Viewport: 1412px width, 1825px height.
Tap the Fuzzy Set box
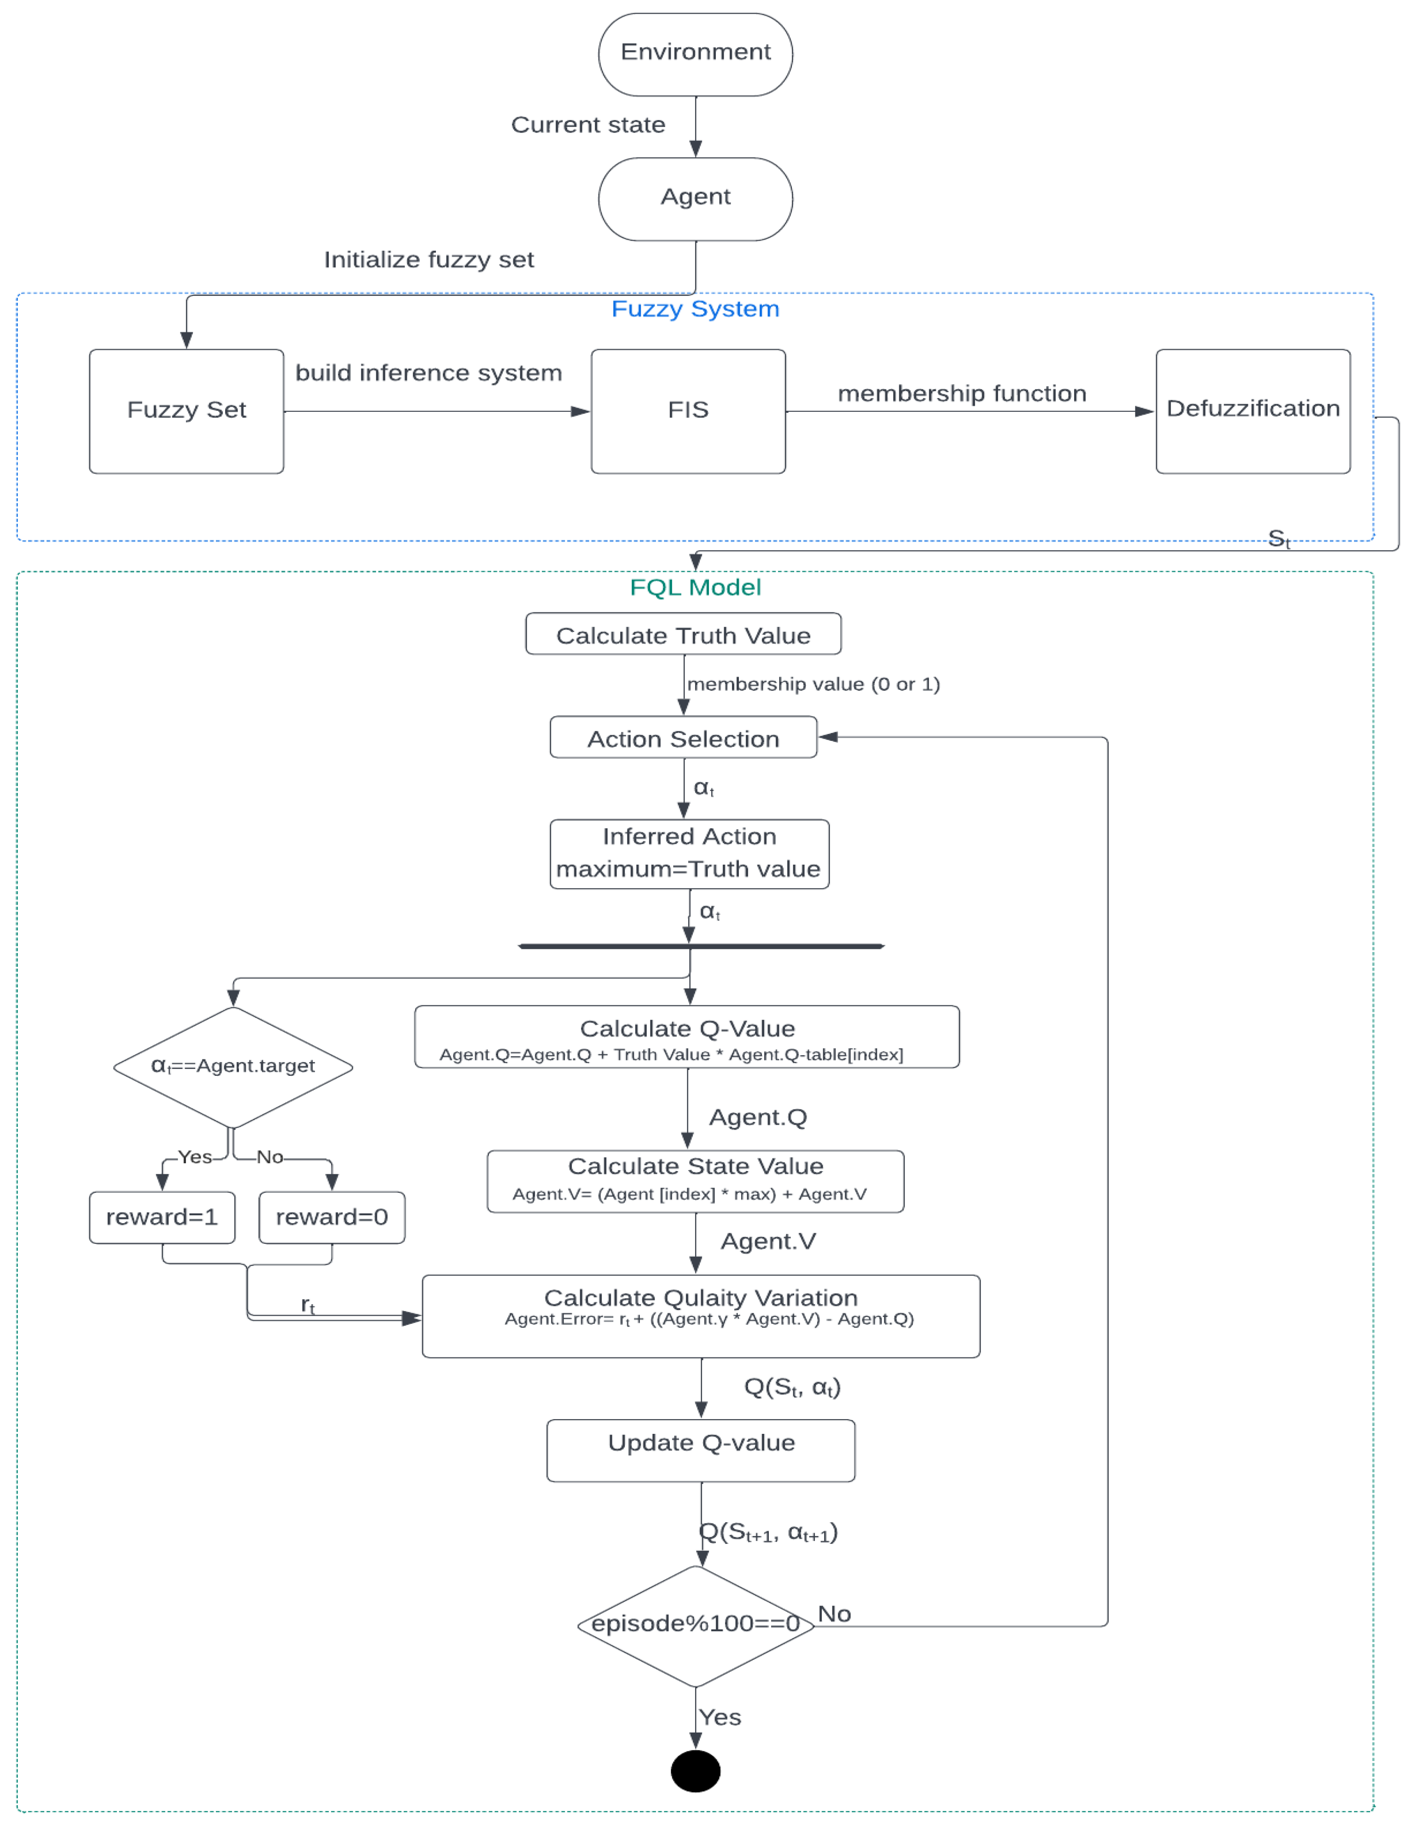186,411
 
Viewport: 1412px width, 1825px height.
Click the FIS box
687,411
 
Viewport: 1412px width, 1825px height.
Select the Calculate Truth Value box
683,634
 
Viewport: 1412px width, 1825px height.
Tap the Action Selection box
683,737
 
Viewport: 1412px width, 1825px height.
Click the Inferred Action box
689,853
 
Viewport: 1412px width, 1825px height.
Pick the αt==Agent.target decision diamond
233,1067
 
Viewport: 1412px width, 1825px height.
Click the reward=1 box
162,1217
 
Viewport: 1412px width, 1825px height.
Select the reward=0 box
332,1217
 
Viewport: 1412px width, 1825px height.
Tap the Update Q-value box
701,1450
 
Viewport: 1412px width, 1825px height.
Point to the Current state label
588,125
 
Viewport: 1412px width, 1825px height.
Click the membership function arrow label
961,393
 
